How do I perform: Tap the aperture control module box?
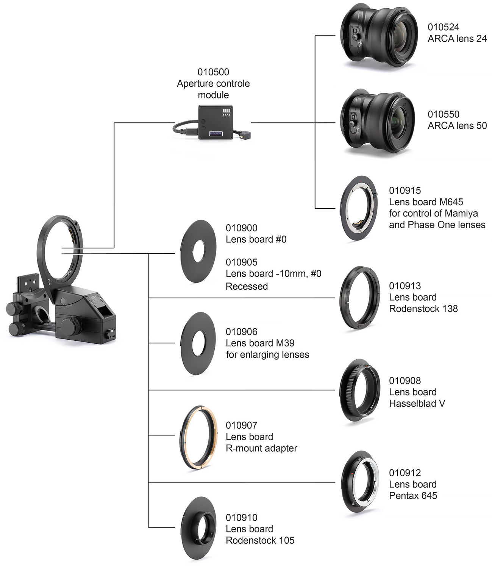[215, 122]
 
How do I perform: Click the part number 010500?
[213, 72]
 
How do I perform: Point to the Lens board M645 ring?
[358, 208]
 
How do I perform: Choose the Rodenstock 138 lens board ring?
[359, 298]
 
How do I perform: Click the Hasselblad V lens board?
[359, 390]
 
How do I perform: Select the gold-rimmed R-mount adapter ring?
[198, 437]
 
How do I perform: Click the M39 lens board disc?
[198, 343]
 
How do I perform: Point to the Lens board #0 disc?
[198, 251]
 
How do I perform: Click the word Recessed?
[247, 286]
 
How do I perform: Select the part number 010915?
[405, 190]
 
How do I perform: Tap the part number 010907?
[241, 425]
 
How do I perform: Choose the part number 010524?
[443, 27]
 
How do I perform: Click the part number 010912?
[405, 473]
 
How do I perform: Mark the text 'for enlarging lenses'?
[267, 355]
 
